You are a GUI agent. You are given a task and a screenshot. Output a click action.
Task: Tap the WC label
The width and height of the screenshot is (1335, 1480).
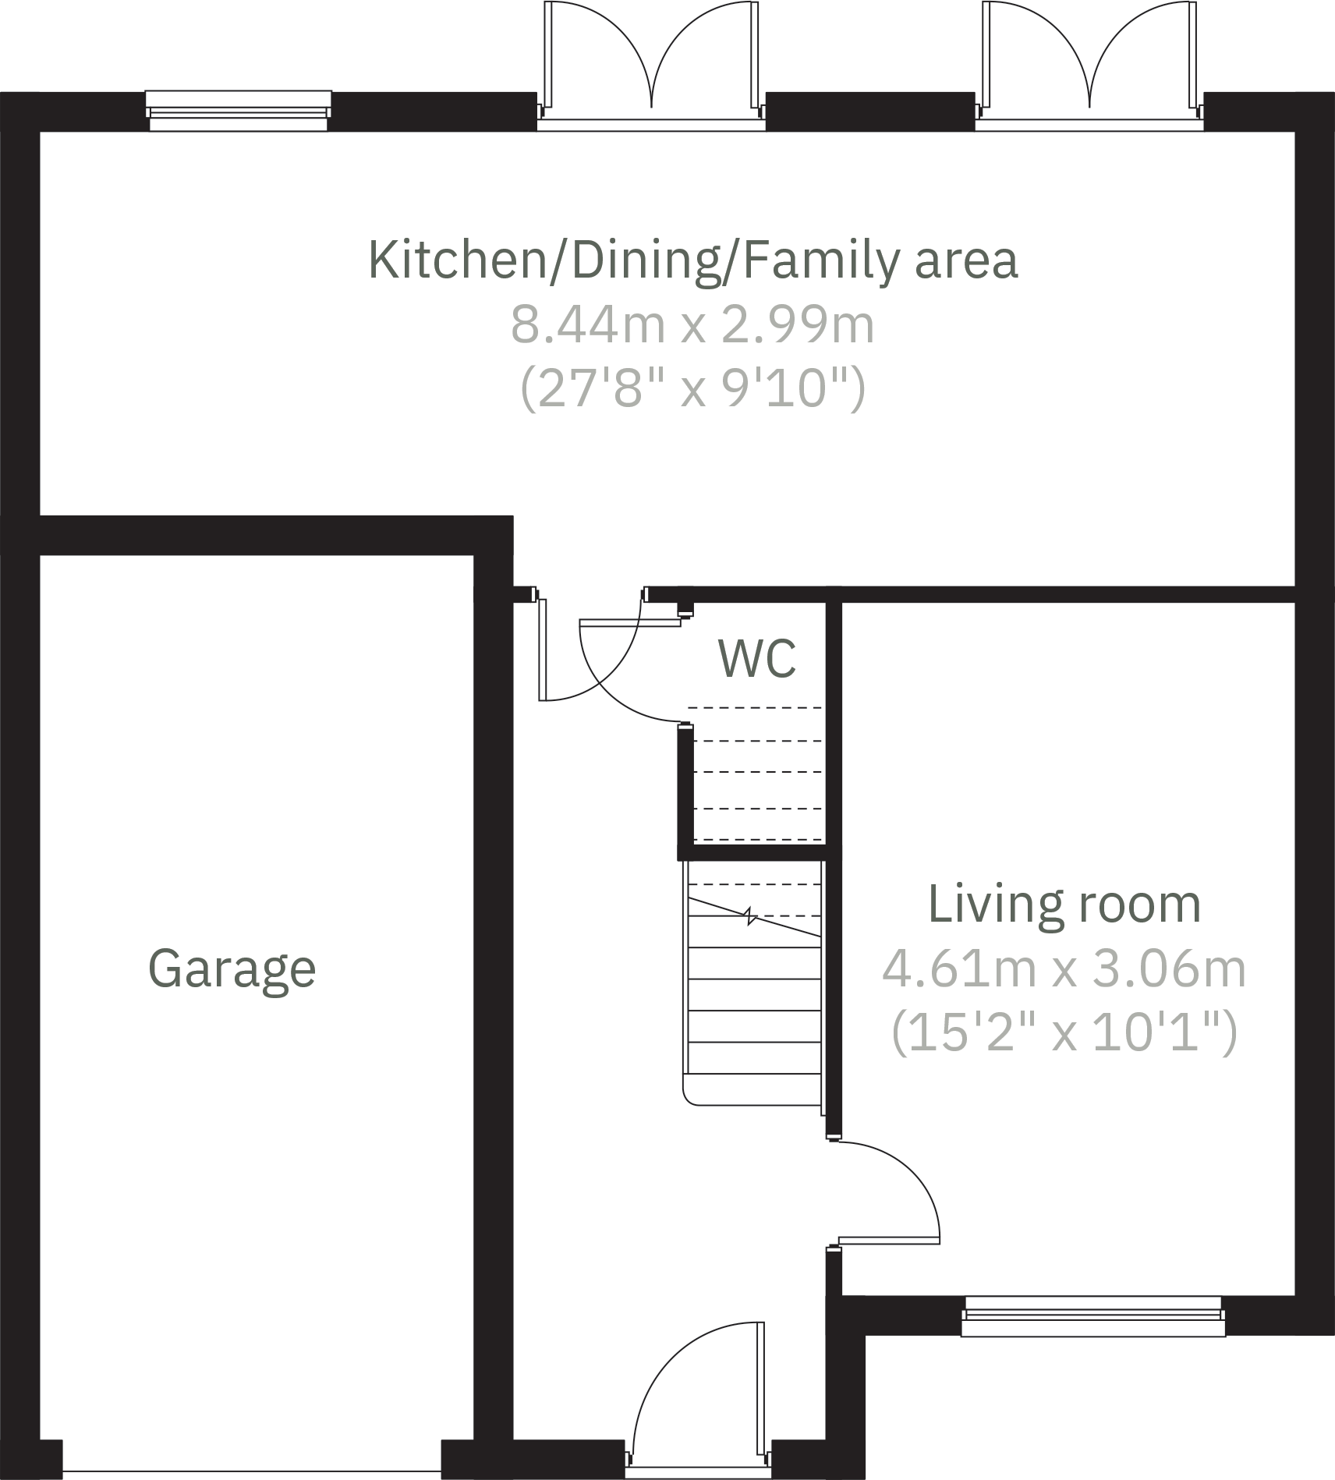[x=756, y=659]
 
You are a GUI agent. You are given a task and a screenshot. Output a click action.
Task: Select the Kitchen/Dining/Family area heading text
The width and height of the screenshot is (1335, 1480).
[x=692, y=260]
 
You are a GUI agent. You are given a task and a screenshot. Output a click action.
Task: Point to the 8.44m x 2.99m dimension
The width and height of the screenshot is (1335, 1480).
[x=692, y=325]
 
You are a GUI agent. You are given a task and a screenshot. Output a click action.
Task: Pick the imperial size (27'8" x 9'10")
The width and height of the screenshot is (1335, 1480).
[x=692, y=388]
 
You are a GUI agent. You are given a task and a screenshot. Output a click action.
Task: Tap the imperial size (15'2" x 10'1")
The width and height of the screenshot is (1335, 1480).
[x=1064, y=1033]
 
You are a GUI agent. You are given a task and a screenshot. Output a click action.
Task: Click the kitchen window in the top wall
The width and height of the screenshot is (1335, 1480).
[x=238, y=110]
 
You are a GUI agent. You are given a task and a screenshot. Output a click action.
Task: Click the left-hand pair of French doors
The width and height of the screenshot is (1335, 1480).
[x=651, y=62]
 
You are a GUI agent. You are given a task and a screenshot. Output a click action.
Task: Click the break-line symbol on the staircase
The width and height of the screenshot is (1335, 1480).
[x=750, y=916]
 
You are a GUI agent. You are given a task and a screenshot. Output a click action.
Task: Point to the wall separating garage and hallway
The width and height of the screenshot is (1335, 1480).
[x=493, y=975]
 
